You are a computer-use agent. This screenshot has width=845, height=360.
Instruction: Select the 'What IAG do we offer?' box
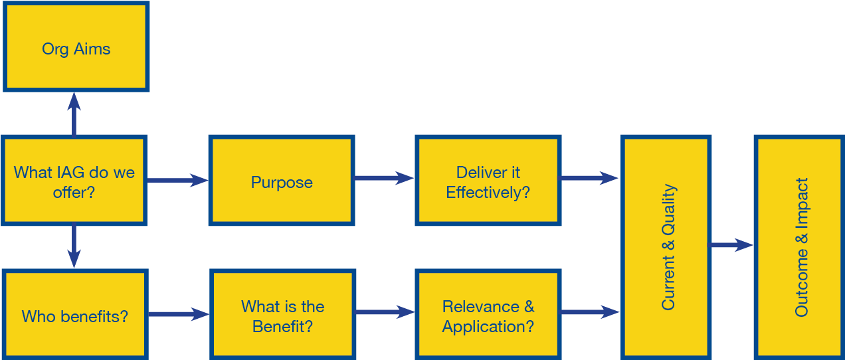[x=74, y=181]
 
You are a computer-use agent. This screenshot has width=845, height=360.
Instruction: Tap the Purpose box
[x=281, y=181]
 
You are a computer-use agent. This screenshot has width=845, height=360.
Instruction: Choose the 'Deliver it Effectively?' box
[x=488, y=181]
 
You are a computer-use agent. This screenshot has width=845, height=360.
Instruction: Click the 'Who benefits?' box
[x=74, y=315]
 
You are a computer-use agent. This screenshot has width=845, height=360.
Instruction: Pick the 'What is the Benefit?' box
[x=282, y=315]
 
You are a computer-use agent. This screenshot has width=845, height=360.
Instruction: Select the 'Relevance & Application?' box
[x=488, y=315]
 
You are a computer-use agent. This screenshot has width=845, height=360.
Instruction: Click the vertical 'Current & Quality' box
[x=666, y=246]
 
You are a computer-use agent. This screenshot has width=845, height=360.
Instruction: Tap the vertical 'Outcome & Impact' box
[x=800, y=246]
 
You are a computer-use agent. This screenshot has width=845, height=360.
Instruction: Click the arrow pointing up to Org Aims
[x=74, y=114]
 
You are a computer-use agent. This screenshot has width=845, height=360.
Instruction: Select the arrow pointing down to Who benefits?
[x=74, y=247]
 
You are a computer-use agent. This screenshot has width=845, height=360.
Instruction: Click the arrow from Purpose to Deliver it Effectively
[x=384, y=178]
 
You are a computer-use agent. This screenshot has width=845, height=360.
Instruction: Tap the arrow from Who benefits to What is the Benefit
[x=178, y=314]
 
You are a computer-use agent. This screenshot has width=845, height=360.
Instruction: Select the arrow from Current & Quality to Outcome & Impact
[x=732, y=246]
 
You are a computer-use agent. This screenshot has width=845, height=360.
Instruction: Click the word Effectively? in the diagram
[x=488, y=193]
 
